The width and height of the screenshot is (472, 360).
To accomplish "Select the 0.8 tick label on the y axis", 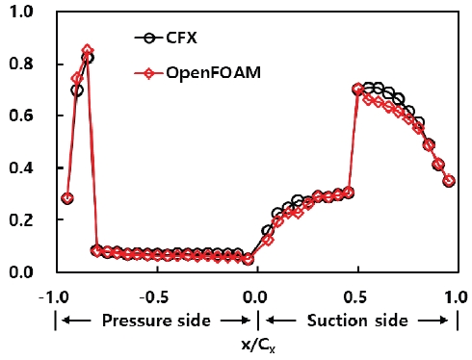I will [23, 64].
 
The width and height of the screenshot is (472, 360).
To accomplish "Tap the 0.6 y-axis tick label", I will [23, 116].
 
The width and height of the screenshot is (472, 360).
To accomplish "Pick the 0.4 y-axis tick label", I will [23, 167].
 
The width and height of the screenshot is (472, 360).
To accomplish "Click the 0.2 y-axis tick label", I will [23, 219].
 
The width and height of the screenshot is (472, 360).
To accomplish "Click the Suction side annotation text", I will [358, 320].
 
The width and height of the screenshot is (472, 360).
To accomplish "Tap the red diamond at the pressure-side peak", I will [88, 50].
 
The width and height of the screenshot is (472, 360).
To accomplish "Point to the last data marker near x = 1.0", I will [449, 180].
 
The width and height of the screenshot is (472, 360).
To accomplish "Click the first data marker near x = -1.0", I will [66, 198].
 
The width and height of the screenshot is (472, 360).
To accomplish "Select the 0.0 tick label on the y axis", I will [23, 271].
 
